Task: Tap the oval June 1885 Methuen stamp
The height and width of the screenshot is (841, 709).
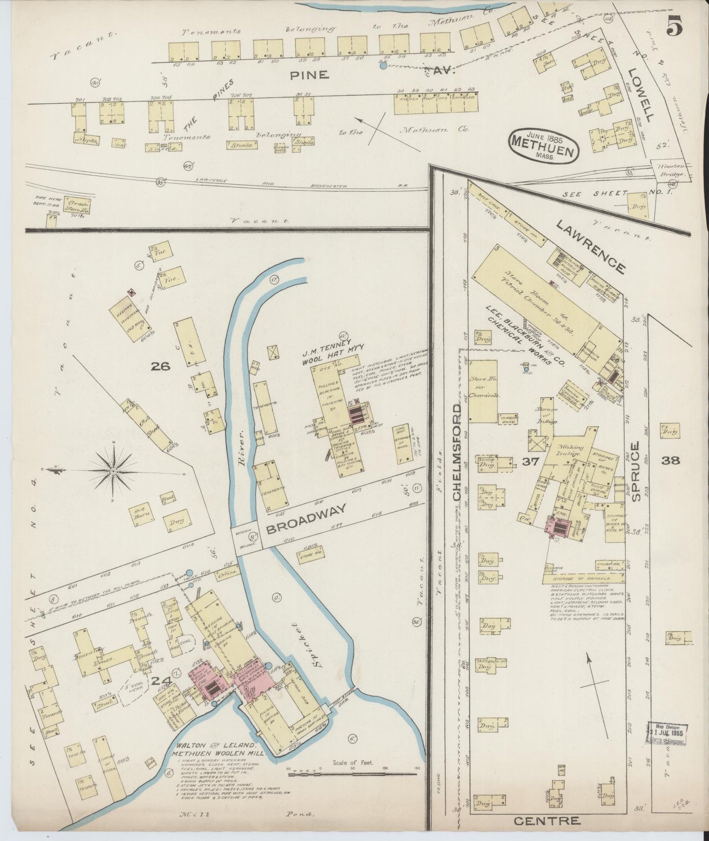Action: coord(543,144)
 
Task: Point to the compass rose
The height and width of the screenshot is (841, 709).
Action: coord(113,471)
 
